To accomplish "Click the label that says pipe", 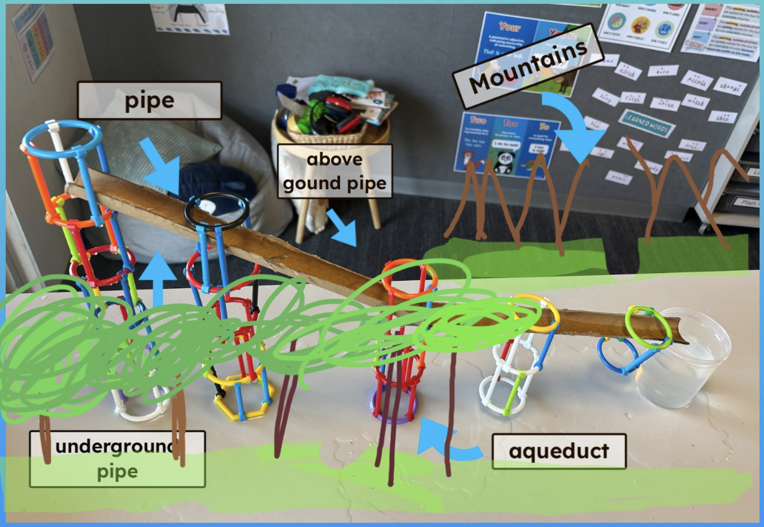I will point(149,100).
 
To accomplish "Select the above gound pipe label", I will point(334,171).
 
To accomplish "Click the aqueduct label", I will point(558,451).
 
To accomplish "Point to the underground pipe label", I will point(117,459).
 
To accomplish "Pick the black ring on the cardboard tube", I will point(216,211).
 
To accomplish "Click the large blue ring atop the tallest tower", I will point(62,140).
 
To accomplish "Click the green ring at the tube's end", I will point(649,327).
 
